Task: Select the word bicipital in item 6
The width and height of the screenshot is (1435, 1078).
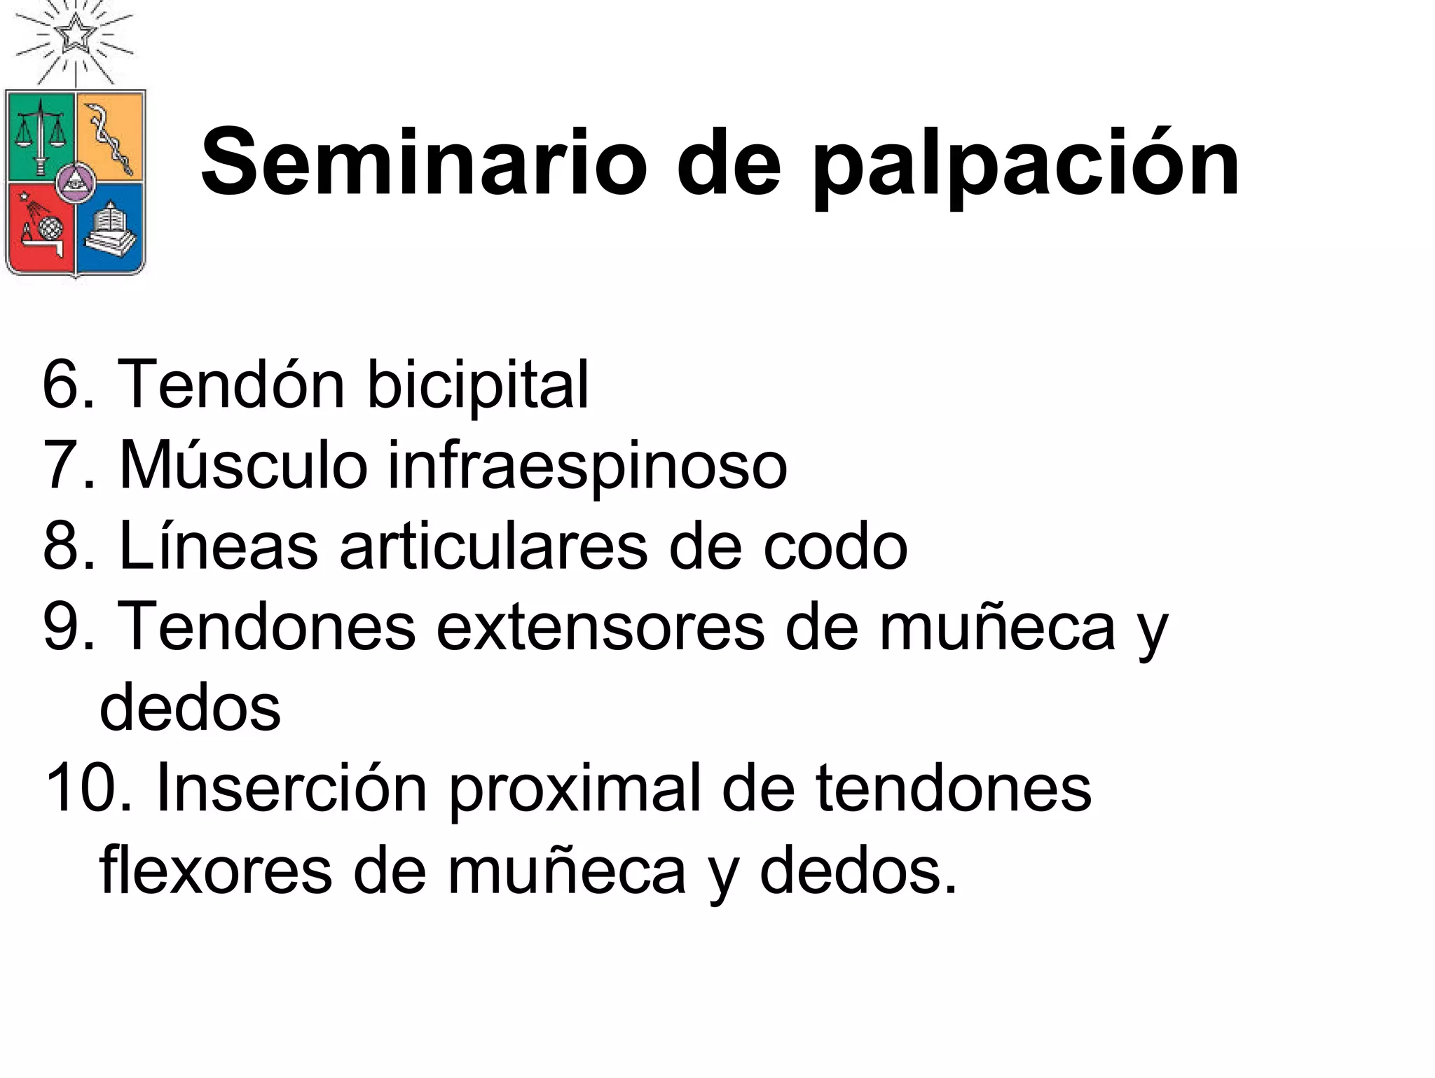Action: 478,385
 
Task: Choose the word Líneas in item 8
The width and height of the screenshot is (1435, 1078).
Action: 219,546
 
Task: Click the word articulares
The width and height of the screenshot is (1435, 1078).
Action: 493,546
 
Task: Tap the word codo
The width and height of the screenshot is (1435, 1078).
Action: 835,546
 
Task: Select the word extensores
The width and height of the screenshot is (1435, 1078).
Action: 600,626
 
